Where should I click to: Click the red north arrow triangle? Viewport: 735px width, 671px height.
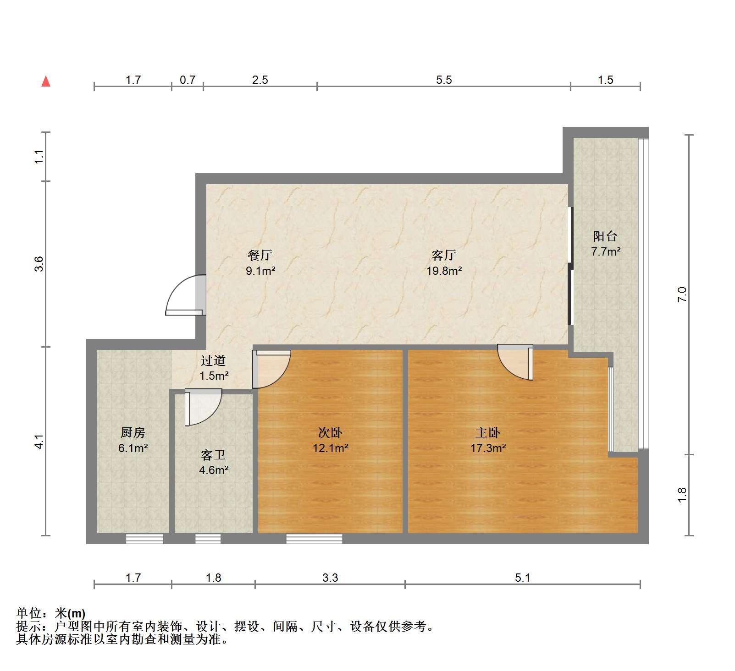pos(46,82)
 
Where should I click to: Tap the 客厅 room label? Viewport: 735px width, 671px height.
pos(443,255)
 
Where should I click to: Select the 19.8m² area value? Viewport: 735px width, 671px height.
pos(444,271)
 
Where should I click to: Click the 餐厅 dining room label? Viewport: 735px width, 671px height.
pos(260,255)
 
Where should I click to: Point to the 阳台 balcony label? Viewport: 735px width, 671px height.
pos(605,236)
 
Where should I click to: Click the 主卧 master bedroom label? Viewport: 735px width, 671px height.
pos(487,432)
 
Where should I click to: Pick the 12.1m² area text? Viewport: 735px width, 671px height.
pos(330,448)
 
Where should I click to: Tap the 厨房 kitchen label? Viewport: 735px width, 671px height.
pos(133,432)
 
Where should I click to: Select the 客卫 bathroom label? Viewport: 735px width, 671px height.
pos(213,455)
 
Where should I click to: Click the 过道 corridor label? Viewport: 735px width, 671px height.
pos(213,361)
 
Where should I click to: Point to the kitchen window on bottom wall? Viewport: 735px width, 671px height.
pos(144,539)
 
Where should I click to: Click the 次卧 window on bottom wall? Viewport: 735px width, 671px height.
pos(314,539)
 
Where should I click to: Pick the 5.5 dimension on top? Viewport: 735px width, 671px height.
pos(444,80)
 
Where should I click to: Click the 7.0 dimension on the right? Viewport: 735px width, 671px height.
pos(682,294)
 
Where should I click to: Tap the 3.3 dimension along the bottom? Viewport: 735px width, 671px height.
pos(330,578)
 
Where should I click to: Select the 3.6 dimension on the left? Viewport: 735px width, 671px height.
pos(39,263)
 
